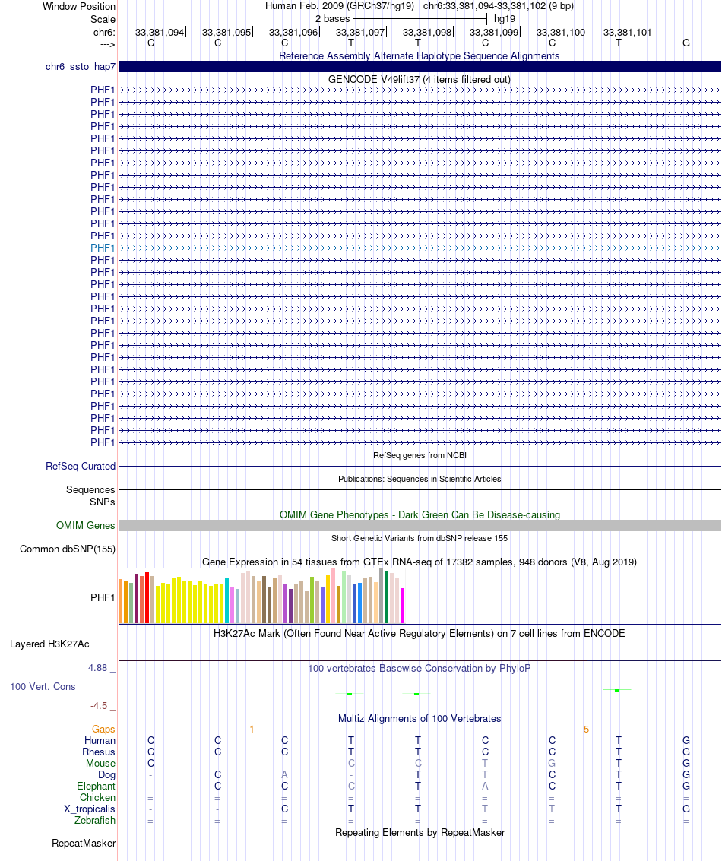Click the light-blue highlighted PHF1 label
pyautogui.click(x=103, y=248)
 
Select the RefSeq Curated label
pyautogui.click(x=81, y=467)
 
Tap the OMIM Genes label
pyautogui.click(x=86, y=526)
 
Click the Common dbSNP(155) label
pyautogui.click(x=68, y=549)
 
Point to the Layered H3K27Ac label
pyautogui.click(x=49, y=644)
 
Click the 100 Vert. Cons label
pyautogui.click(x=43, y=687)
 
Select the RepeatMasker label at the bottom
pyautogui.click(x=84, y=844)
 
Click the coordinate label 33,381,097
pyautogui.click(x=360, y=33)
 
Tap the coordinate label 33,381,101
pyautogui.click(x=628, y=33)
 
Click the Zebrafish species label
pyautogui.click(x=95, y=821)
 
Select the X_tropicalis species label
pyautogui.click(x=90, y=809)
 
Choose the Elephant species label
pyautogui.click(x=96, y=787)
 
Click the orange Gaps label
pyautogui.click(x=103, y=730)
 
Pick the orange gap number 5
pyautogui.click(x=586, y=730)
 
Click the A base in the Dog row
pyautogui.click(x=285, y=775)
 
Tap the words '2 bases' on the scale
pyautogui.click(x=332, y=18)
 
